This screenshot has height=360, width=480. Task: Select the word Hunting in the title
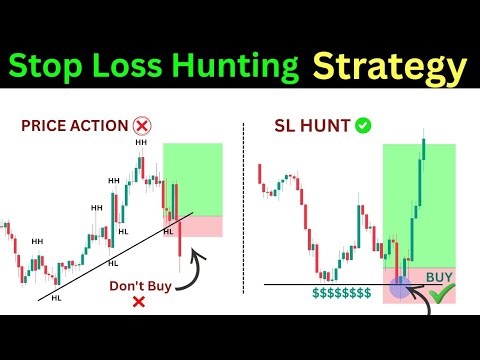tap(238, 67)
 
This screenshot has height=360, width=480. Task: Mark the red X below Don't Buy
tap(138, 300)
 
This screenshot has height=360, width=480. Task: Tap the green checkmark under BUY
tap(437, 294)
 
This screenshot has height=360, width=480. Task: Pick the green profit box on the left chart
tap(194, 180)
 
